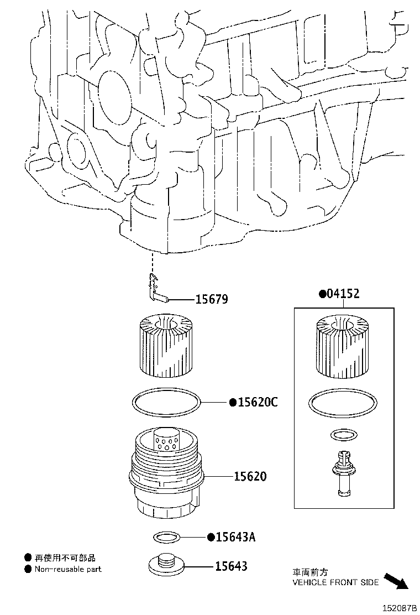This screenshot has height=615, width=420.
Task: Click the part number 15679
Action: pyautogui.click(x=211, y=300)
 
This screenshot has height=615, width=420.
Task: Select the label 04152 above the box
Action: pyautogui.click(x=343, y=293)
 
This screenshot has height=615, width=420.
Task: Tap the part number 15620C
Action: pyautogui.click(x=258, y=402)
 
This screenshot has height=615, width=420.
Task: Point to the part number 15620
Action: pyautogui.click(x=250, y=476)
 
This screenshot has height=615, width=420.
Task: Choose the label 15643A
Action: pyautogui.click(x=235, y=536)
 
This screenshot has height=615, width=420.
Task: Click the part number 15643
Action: pyautogui.click(x=231, y=566)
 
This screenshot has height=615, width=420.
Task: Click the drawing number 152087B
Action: pyautogui.click(x=399, y=608)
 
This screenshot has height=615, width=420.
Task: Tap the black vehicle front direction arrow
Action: pyautogui.click(x=396, y=581)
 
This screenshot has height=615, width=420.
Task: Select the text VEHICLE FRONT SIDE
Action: pyautogui.click(x=335, y=582)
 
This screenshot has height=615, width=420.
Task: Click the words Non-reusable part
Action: pyautogui.click(x=68, y=569)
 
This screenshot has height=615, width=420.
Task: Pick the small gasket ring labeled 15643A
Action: pyautogui.click(x=166, y=537)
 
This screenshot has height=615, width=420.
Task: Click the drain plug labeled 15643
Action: pyautogui.click(x=166, y=564)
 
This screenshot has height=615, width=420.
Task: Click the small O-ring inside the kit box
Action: pyautogui.click(x=344, y=435)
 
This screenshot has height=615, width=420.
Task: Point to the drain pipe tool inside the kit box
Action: pyautogui.click(x=343, y=472)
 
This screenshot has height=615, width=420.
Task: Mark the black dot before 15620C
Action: pyautogui.click(x=233, y=403)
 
